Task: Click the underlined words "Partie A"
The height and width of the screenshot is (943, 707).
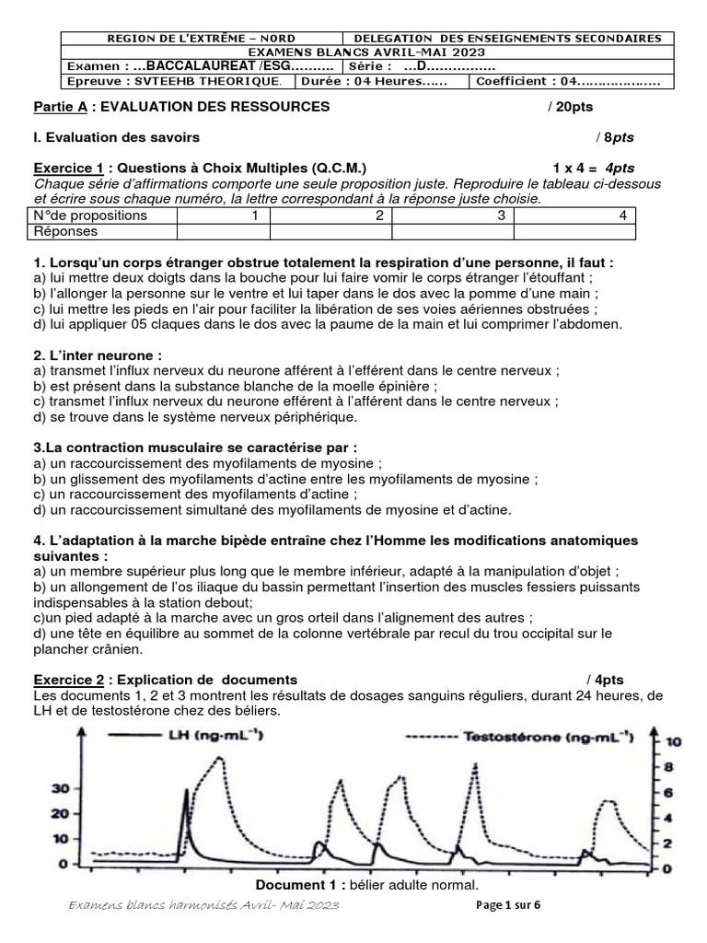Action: tap(61, 107)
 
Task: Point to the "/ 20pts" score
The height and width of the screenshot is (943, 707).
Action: tap(570, 107)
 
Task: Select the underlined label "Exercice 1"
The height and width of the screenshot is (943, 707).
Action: tap(68, 169)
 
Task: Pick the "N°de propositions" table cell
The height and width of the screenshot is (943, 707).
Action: tap(89, 215)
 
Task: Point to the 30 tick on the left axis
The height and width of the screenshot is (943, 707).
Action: tap(61, 788)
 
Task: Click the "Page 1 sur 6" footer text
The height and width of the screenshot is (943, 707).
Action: tap(508, 905)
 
